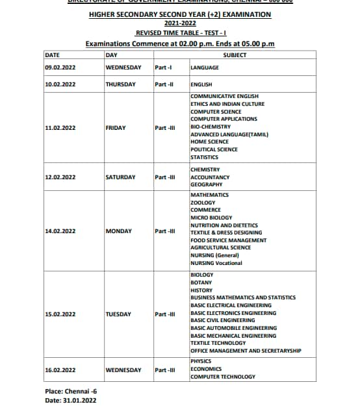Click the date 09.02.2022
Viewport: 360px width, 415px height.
click(x=60, y=68)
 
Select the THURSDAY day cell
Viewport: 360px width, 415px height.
click(x=120, y=84)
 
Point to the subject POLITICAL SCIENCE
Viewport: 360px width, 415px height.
click(x=214, y=149)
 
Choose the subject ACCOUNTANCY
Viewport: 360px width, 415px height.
click(x=210, y=177)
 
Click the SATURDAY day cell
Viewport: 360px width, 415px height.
click(x=120, y=177)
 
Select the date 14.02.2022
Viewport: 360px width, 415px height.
click(x=60, y=231)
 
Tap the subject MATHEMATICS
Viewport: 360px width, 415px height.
click(x=209, y=195)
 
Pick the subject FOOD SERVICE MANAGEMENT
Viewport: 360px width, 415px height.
click(x=228, y=240)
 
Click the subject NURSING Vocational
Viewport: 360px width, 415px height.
click(x=216, y=263)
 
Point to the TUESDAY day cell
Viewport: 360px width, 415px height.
click(x=118, y=314)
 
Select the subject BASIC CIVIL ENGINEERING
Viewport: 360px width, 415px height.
click(x=222, y=320)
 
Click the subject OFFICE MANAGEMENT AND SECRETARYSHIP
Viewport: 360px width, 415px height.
click(x=246, y=351)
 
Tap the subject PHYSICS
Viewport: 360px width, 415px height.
click(x=201, y=361)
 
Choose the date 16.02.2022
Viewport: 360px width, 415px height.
click(x=60, y=370)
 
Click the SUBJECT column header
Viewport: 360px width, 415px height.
click(x=235, y=55)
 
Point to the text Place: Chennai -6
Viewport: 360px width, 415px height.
click(x=71, y=392)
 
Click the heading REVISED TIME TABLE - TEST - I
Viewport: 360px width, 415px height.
click(x=180, y=32)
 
